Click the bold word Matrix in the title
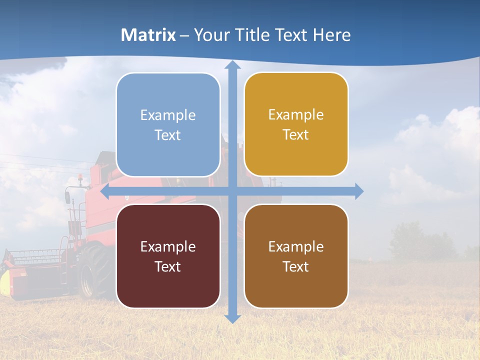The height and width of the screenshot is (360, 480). click(148, 35)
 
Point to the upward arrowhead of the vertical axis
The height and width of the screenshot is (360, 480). click(232, 65)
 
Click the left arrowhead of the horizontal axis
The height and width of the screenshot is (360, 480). click(105, 191)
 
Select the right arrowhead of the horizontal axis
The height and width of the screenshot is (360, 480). click(359, 191)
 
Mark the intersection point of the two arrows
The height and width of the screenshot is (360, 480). click(232, 191)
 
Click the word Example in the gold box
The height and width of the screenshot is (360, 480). click(296, 115)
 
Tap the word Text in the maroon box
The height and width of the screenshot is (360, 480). click(168, 266)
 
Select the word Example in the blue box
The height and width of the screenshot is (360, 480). click(168, 115)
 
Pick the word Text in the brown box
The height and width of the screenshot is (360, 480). click(296, 266)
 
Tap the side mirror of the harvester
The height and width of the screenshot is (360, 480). click(67, 196)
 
